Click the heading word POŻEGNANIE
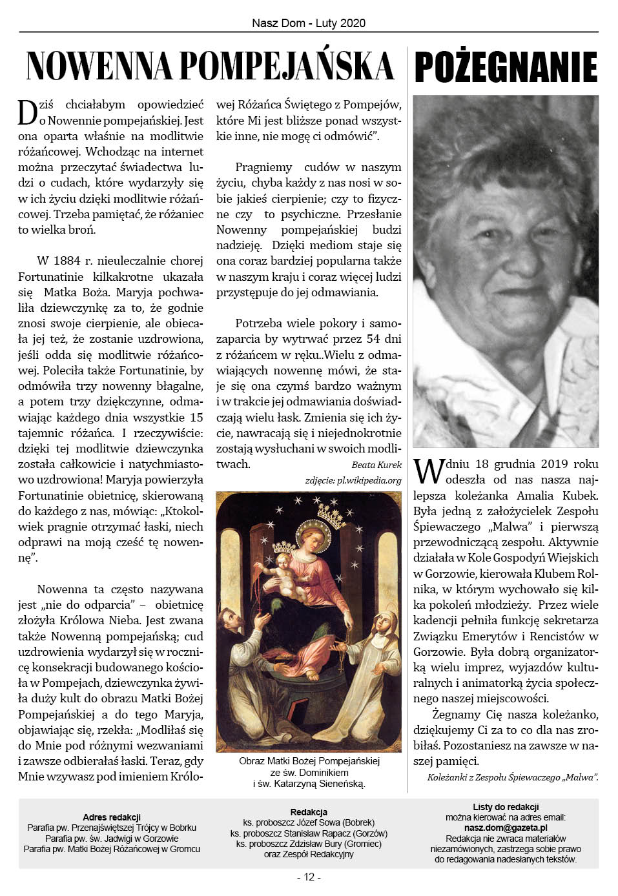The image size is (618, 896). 506,67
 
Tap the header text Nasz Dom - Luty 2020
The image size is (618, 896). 309,23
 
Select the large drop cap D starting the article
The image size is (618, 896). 28,112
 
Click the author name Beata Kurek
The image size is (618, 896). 376,465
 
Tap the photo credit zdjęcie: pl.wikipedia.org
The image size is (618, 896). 353,480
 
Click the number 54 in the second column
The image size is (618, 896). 373,339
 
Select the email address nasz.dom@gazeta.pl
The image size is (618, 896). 506,828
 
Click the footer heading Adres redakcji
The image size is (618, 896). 112,817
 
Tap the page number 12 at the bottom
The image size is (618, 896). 309,877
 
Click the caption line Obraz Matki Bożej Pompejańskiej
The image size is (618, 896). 309,761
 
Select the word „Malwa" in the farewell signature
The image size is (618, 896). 581,777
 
